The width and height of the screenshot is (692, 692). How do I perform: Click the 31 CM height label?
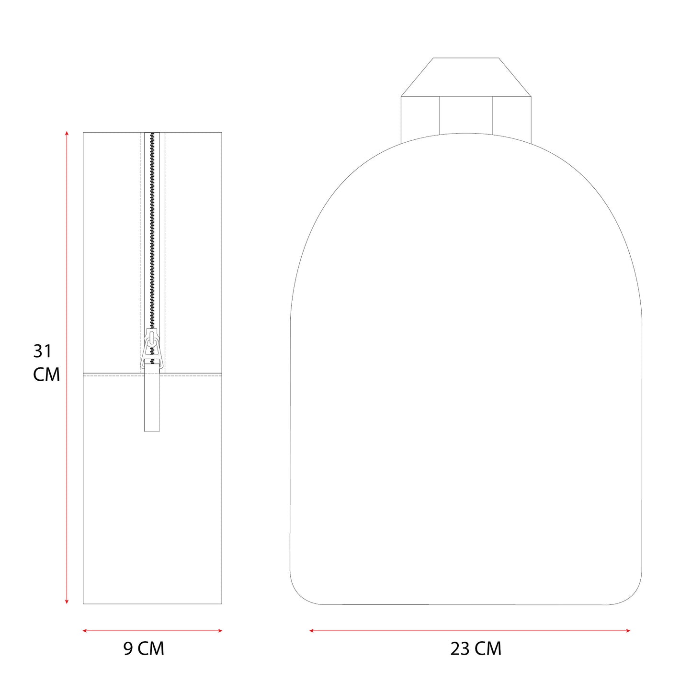[x=46, y=363]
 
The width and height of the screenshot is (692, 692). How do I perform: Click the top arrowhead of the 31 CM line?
[x=67, y=134]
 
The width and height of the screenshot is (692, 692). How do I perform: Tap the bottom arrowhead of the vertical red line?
[x=67, y=601]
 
